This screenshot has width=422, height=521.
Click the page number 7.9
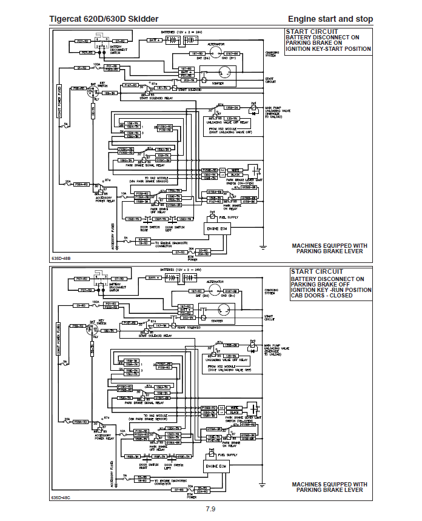[x=210, y=508]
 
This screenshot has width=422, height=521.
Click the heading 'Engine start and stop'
[x=330, y=19]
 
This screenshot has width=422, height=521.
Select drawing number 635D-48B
[x=61, y=258]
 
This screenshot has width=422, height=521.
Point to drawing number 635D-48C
[x=61, y=497]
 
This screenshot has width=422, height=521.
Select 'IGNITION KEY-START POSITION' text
[x=328, y=49]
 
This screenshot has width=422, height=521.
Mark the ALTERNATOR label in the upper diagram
[x=216, y=44]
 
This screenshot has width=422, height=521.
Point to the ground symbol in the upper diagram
[x=263, y=247]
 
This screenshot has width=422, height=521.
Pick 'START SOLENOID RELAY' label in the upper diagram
[x=156, y=98]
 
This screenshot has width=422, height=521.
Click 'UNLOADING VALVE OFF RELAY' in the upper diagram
[x=228, y=122]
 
